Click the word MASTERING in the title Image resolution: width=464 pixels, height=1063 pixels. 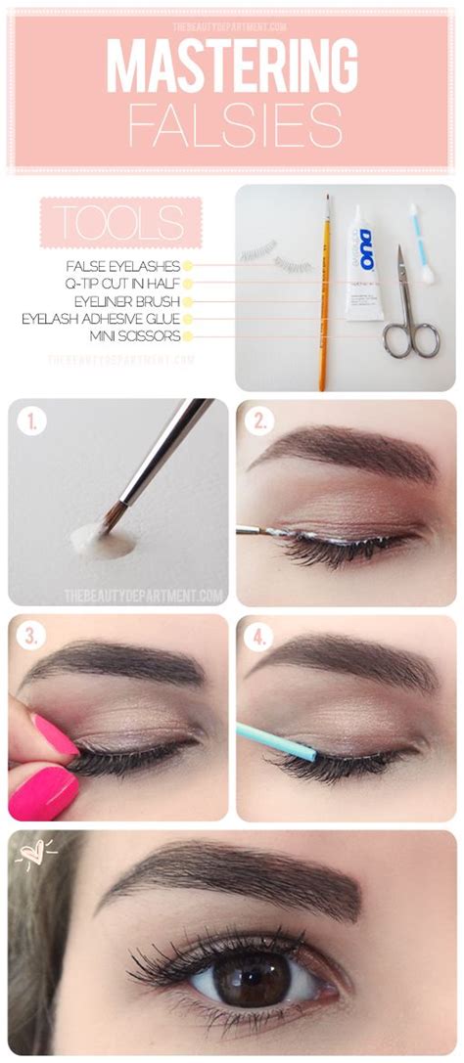pyautogui.click(x=231, y=68)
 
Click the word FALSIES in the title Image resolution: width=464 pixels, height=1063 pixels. pyautogui.click(x=231, y=127)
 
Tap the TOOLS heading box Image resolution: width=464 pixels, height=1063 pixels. pyautogui.click(x=119, y=222)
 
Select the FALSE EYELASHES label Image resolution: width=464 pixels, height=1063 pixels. pyautogui.click(x=122, y=265)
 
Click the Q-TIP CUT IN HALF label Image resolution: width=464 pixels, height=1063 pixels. pyautogui.click(x=125, y=283)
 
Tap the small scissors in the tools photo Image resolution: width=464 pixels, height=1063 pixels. pyautogui.click(x=409, y=313)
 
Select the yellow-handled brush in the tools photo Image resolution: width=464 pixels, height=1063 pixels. pyautogui.click(x=323, y=293)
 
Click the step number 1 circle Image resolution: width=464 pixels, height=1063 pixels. pyautogui.click(x=32, y=422)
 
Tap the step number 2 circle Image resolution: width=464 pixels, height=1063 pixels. pyautogui.click(x=259, y=422)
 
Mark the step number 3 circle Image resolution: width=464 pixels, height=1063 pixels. pyautogui.click(x=32, y=638)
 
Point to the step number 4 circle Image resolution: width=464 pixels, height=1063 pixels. pyautogui.click(x=259, y=638)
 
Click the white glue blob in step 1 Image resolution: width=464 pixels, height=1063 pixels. pyautogui.click(x=102, y=541)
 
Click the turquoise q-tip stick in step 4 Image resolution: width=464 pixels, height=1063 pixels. pyautogui.click(x=277, y=740)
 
